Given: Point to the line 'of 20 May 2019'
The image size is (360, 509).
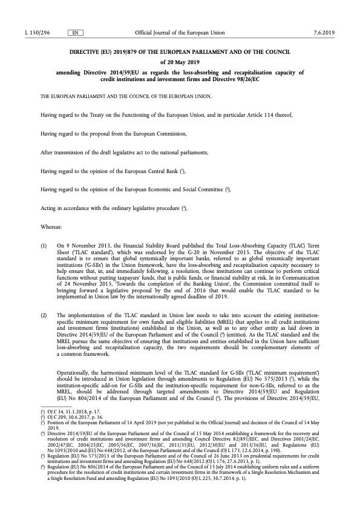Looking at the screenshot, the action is (180, 61).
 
